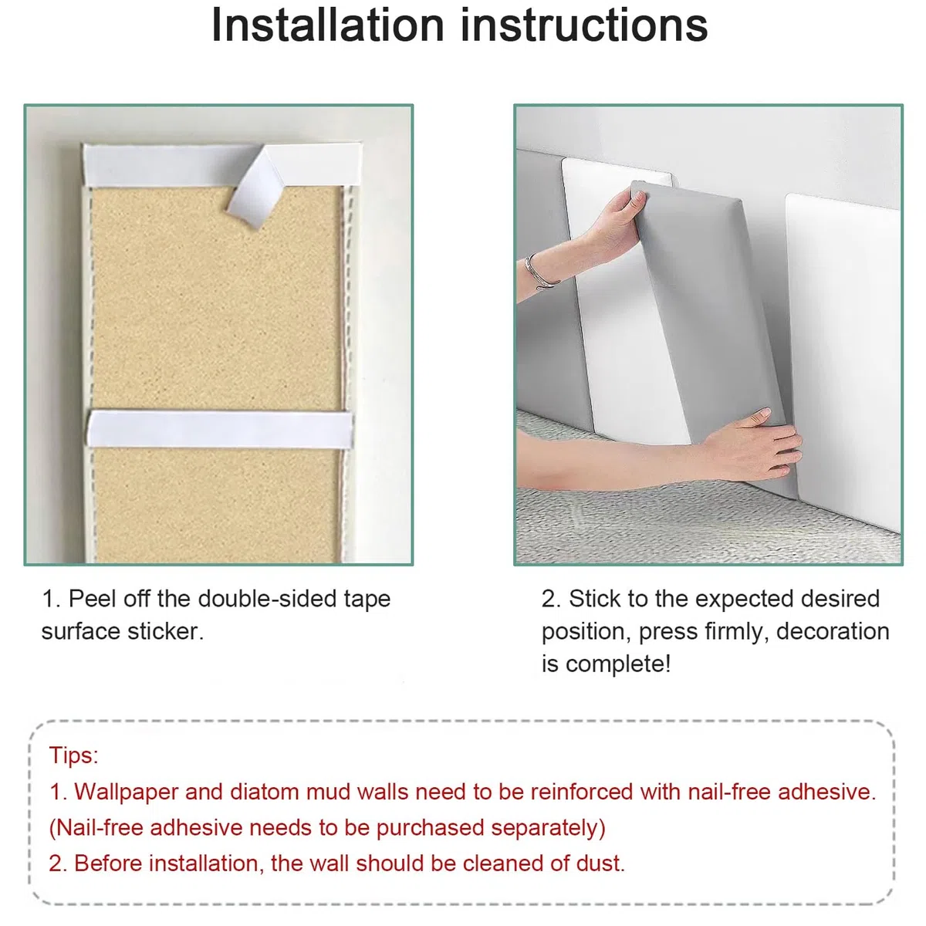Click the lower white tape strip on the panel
click(221, 429)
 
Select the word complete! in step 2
click(618, 664)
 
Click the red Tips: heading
click(73, 755)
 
